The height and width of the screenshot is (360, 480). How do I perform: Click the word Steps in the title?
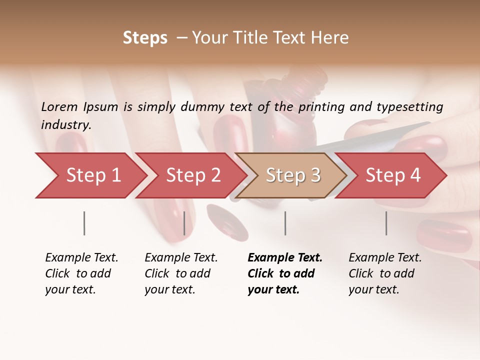145,38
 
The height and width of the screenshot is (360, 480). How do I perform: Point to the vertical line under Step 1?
84,223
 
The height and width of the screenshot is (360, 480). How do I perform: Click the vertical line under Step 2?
184,223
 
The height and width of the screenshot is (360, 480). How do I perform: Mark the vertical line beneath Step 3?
285,223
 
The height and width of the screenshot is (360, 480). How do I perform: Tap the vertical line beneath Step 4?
386,223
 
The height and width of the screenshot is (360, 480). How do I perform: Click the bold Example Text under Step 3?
285,273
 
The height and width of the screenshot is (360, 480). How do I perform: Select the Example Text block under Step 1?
81,273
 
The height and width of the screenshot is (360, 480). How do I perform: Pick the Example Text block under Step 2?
181,273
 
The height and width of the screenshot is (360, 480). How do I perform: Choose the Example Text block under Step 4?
385,273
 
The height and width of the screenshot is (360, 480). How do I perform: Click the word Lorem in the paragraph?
59,107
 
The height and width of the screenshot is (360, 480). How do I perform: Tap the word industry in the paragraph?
66,125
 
